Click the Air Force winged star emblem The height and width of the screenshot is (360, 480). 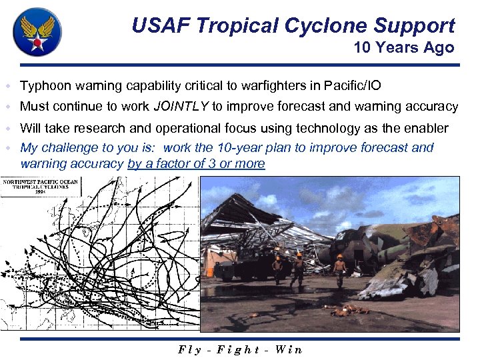(x=37, y=32)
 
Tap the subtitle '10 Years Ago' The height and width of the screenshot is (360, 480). (x=403, y=47)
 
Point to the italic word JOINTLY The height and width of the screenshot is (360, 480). (x=181, y=106)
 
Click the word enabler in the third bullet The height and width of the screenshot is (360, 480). (x=427, y=128)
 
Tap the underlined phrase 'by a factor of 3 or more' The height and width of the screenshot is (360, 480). (x=196, y=164)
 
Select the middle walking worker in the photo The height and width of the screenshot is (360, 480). (x=299, y=268)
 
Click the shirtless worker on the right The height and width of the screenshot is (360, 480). (x=341, y=270)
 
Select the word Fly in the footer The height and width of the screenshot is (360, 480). (x=191, y=349)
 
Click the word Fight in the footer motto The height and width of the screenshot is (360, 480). (x=238, y=349)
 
